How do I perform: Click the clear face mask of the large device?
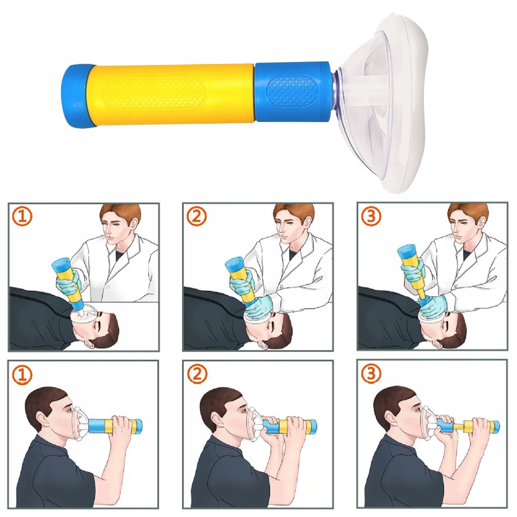[383, 102]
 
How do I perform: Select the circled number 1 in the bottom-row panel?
[22, 374]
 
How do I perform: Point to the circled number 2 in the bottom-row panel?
[197, 374]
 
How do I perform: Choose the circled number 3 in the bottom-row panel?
[371, 374]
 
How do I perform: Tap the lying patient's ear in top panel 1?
[90, 344]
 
